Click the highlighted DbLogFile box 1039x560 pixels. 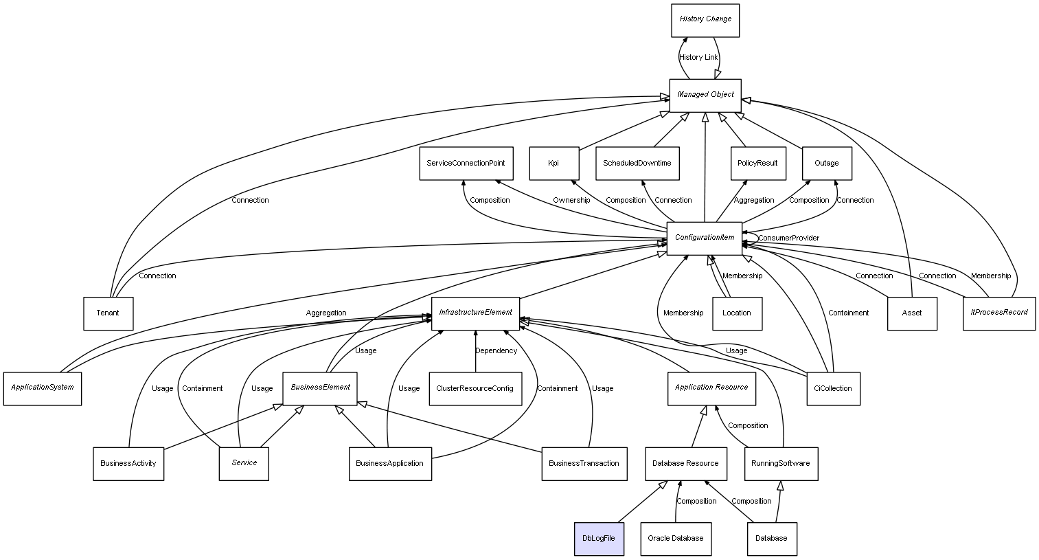coord(599,539)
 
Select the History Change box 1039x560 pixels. coord(705,21)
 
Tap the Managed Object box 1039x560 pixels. coord(705,96)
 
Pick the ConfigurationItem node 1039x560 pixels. coord(704,238)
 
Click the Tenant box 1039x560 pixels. coord(108,313)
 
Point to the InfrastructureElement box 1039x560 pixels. coord(475,313)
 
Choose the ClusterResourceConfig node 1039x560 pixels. coord(475,389)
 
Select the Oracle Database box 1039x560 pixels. coord(676,539)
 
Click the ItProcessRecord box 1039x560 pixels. coord(999,313)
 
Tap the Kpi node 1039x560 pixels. coord(553,164)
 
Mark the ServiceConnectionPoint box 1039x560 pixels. coord(466,164)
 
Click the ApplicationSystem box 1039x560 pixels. coord(42,389)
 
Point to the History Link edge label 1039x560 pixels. coord(698,57)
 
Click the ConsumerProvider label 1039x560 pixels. coord(788,238)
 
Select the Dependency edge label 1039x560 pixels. coord(496,350)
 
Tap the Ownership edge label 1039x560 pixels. coord(571,201)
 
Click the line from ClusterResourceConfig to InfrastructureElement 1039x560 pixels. coord(475,351)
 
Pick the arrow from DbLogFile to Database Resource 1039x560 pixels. coord(642,502)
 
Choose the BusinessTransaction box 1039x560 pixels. coord(584,464)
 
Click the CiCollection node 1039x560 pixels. coord(833,389)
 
